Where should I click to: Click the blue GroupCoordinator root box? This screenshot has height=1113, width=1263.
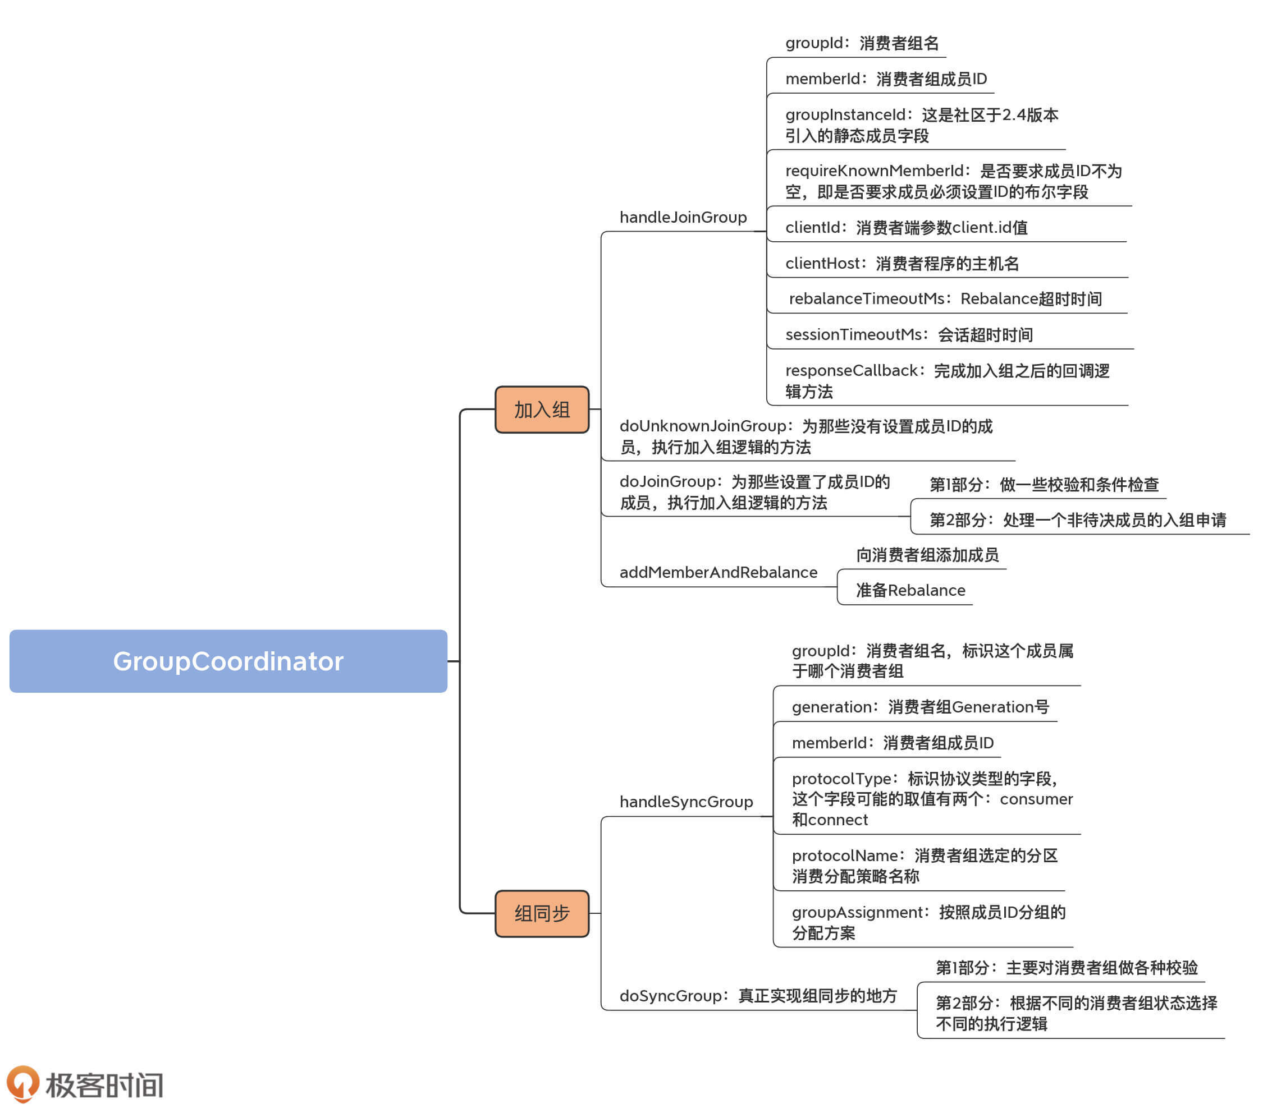coord(228,661)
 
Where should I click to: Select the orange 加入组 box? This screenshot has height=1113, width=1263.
coord(541,410)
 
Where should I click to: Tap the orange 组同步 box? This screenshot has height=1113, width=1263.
coord(541,913)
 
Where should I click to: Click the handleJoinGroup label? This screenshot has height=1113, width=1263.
coord(683,218)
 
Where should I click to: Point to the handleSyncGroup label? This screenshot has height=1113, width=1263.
coord(686,802)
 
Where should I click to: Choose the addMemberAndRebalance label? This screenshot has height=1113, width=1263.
coord(718,573)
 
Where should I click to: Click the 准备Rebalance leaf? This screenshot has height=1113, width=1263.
coord(910,591)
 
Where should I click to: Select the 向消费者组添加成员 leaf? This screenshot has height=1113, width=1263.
coord(927,555)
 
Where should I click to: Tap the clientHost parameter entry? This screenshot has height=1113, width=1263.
coord(902,264)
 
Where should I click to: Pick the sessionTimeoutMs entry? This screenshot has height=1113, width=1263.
coord(908,335)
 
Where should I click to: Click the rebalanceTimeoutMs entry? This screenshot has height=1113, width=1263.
coord(945,299)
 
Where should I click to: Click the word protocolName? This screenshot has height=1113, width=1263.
coord(845,856)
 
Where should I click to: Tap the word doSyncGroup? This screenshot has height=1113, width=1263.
coord(670,996)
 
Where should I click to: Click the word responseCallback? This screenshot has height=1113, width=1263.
coord(852,371)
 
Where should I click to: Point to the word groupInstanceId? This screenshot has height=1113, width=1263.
coord(845,115)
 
